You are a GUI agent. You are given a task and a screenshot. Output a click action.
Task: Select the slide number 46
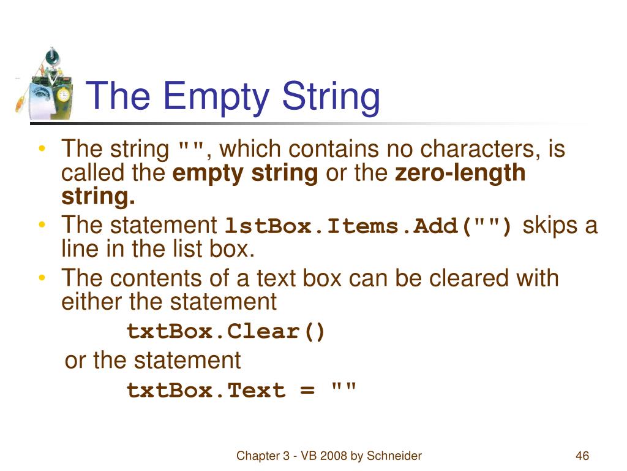coord(582,456)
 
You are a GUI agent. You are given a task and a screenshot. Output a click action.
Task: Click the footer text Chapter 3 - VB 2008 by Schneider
coord(329,456)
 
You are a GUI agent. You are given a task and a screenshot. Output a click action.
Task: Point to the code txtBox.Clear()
coord(227,332)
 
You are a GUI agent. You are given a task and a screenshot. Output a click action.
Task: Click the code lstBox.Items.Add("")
coord(370,226)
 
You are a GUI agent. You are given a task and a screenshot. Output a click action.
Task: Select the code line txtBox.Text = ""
coord(241,391)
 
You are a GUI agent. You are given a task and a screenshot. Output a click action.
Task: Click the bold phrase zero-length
coord(460,174)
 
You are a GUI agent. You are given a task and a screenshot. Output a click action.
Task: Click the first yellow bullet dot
coord(41,150)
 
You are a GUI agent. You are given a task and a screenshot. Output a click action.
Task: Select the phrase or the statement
coord(153,361)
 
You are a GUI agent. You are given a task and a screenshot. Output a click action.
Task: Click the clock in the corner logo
coord(62,95)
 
